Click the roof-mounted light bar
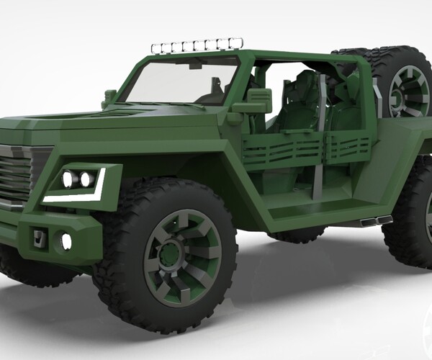pyautogui.click(x=196, y=46)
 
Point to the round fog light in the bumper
pyautogui.click(x=66, y=241)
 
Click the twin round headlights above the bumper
pyautogui.click(x=78, y=179)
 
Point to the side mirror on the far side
pyautogui.click(x=109, y=96)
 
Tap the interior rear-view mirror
pyautogui.click(x=196, y=65)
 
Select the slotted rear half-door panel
pyautogui.click(x=348, y=146)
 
